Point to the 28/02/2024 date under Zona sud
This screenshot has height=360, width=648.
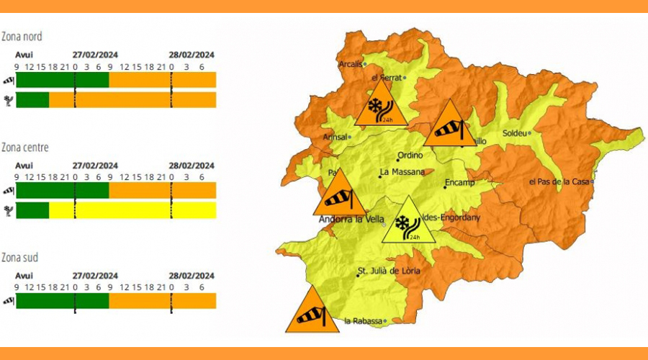[192, 276]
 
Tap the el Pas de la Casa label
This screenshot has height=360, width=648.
[559, 181]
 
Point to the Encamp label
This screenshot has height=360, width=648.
[460, 182]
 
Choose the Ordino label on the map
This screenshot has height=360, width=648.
[410, 155]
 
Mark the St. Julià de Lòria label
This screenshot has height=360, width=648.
[388, 271]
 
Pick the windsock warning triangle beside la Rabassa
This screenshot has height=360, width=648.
[312, 312]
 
